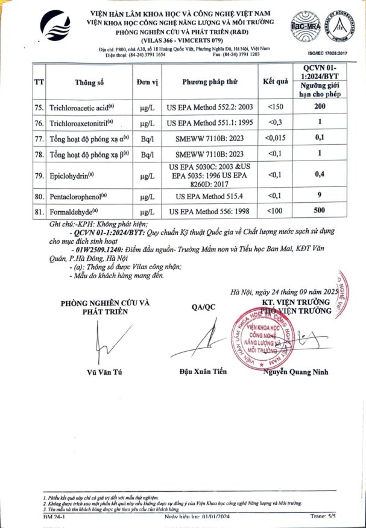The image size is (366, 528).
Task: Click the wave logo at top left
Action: coord(56,27)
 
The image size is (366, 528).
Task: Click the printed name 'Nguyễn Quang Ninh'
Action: coord(295,372)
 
